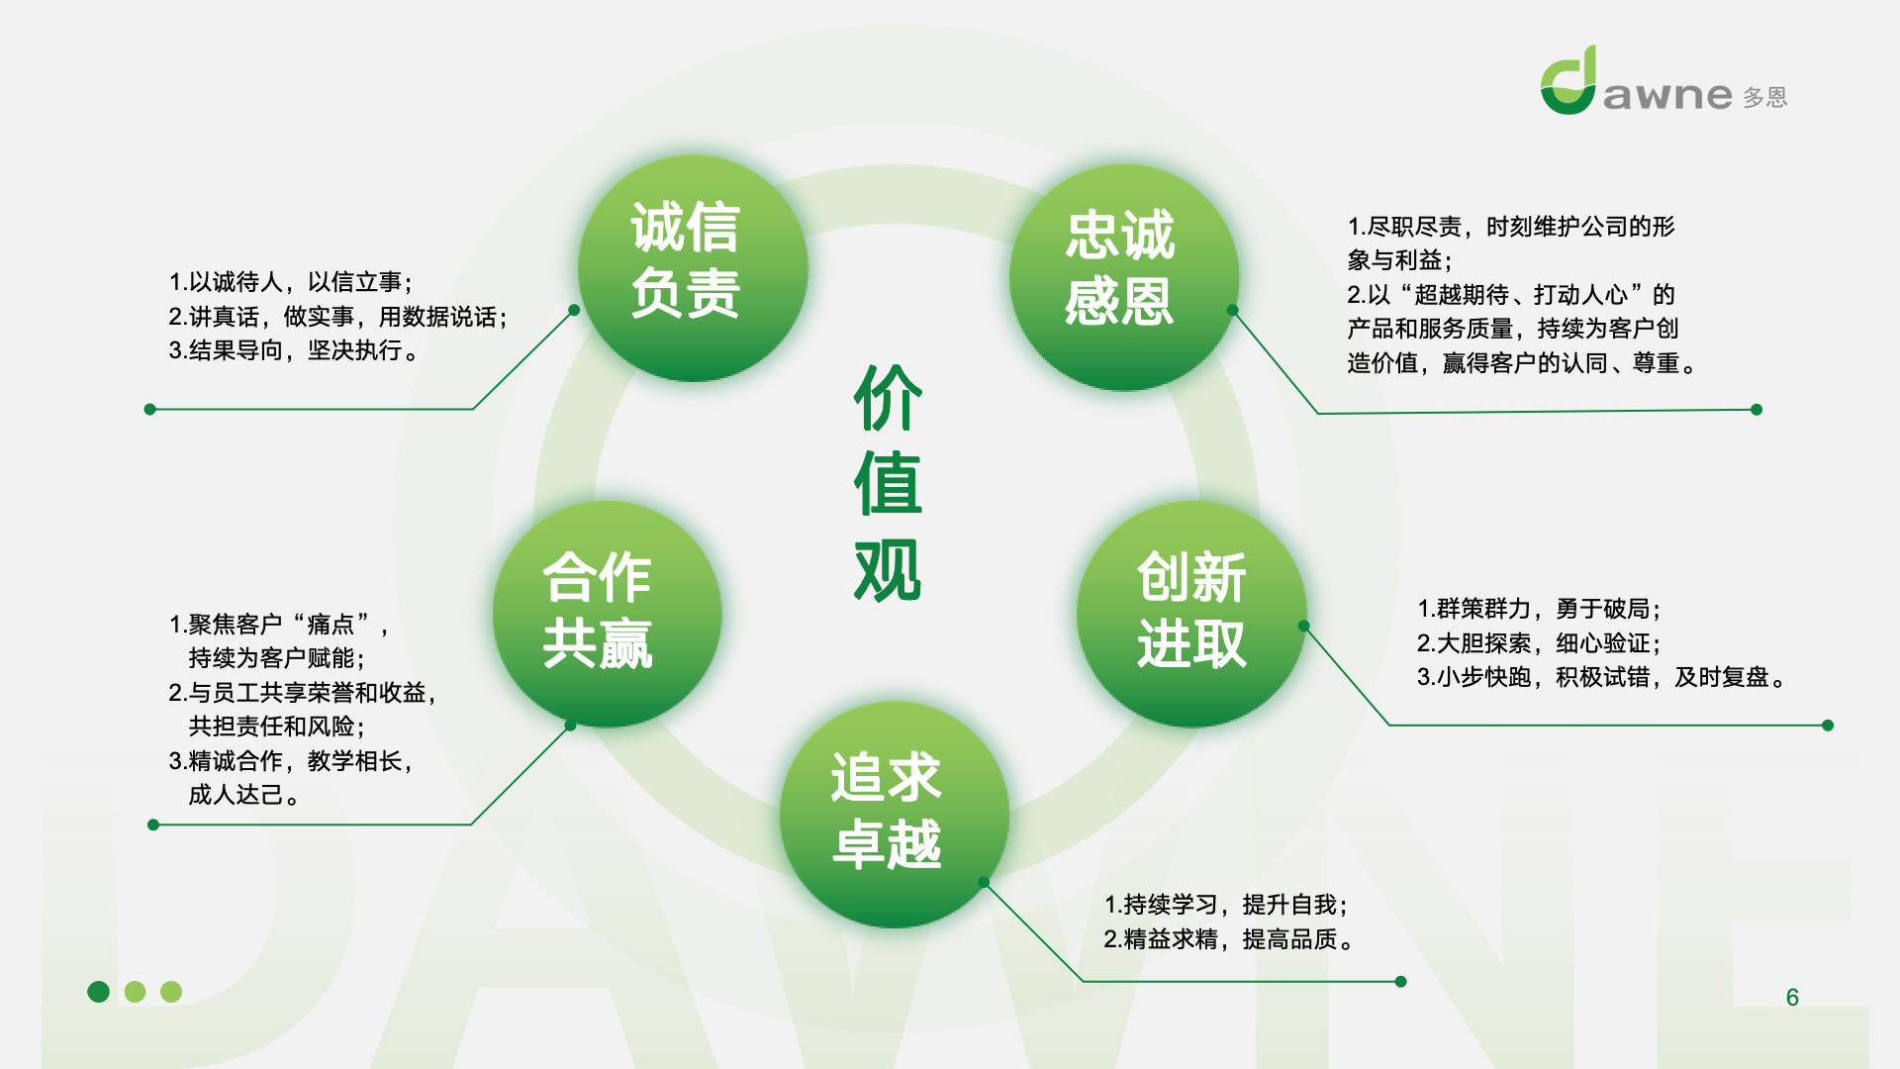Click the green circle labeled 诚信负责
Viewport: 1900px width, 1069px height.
(693, 267)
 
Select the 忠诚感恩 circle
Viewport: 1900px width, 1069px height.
(1124, 277)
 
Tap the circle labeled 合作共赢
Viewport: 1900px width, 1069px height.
(608, 614)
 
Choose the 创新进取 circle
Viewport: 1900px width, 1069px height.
(1191, 614)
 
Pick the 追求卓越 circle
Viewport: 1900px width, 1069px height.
(895, 815)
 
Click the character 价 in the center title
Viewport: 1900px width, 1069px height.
(888, 398)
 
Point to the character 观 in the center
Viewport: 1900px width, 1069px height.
(888, 570)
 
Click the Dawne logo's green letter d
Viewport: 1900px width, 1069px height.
(1568, 81)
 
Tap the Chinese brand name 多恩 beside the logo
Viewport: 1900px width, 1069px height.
(1765, 97)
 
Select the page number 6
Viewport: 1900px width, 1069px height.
(1792, 997)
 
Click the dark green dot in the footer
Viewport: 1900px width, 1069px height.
(99, 991)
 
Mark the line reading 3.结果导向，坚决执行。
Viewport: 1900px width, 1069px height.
(294, 350)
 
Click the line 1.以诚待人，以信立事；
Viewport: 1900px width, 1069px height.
(291, 282)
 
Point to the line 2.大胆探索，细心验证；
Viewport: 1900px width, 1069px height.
(1539, 643)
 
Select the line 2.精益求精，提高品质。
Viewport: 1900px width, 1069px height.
(1229, 939)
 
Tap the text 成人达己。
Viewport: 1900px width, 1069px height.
(244, 795)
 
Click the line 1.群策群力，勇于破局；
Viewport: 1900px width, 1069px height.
(1539, 609)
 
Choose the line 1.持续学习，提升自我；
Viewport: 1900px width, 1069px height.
(1226, 905)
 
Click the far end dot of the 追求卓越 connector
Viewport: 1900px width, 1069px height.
(1400, 982)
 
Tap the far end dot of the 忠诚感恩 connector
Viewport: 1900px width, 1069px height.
(1757, 410)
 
